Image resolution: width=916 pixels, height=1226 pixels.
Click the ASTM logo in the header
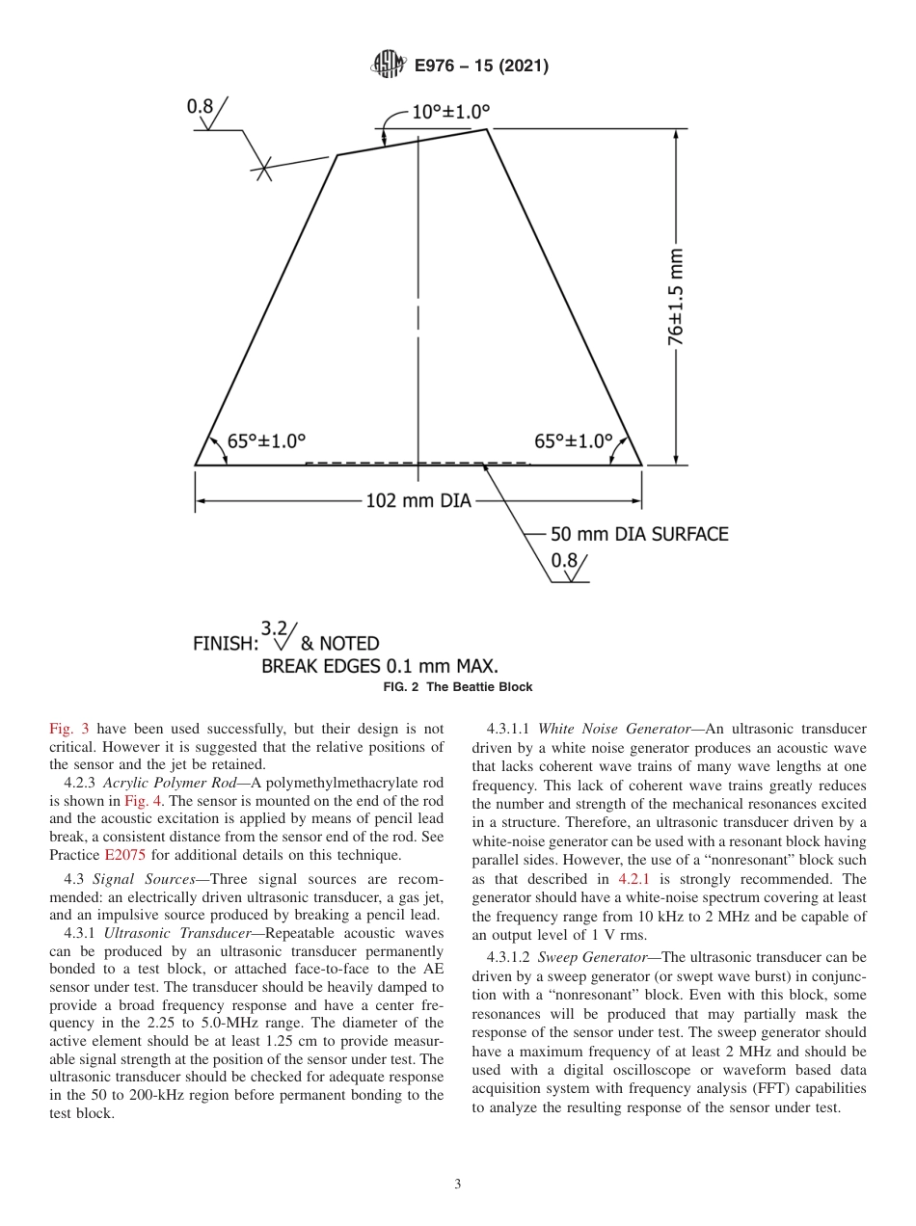click(x=389, y=66)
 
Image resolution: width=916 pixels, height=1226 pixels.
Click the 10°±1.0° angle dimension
click(x=450, y=112)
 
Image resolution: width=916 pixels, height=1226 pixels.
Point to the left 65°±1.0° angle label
click(x=266, y=441)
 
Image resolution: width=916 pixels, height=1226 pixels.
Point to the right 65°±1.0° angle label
click(x=574, y=441)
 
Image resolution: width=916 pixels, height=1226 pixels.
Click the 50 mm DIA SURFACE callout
click(x=638, y=534)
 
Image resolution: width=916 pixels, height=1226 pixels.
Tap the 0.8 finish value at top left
click(x=200, y=107)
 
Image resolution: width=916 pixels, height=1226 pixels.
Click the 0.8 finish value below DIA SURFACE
click(x=563, y=560)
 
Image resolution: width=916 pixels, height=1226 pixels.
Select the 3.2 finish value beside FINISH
click(x=275, y=627)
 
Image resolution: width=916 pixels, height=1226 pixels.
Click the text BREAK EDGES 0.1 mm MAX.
click(x=379, y=666)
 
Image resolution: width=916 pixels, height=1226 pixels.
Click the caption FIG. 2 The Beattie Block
click(x=458, y=687)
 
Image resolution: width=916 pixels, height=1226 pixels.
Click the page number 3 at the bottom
click(x=458, y=1184)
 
